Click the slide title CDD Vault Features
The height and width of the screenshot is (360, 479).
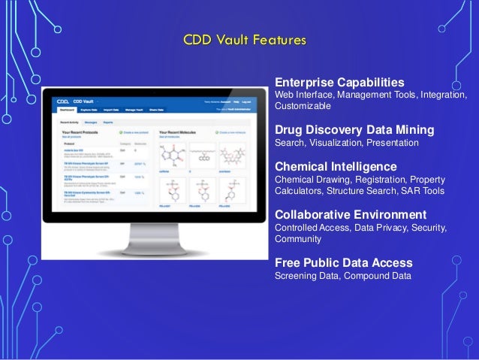pos(239,39)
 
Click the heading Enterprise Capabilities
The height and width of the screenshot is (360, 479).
pos(339,82)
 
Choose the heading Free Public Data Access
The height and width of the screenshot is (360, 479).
pos(343,262)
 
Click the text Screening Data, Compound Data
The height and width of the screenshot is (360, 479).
pos(343,275)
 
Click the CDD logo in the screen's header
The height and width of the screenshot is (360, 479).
pos(65,100)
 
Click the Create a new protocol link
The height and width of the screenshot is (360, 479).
pos(134,132)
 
